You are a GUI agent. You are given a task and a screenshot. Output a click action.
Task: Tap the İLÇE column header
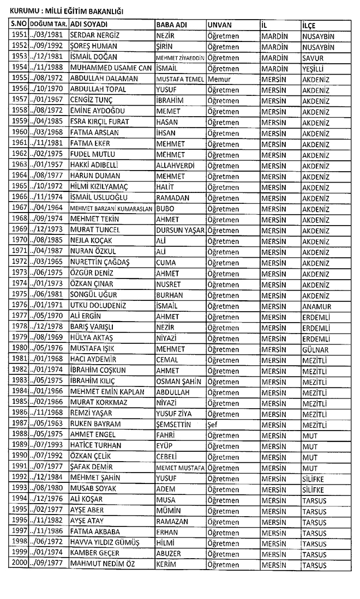[309, 26]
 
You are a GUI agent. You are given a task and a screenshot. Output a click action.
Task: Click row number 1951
[19, 36]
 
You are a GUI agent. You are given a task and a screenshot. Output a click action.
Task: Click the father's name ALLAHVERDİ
[179, 165]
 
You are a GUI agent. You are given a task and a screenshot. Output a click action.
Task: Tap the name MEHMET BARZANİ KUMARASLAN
[112, 209]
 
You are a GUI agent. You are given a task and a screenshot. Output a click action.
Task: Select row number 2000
[19, 565]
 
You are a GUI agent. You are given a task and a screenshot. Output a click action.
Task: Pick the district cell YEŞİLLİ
[314, 68]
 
